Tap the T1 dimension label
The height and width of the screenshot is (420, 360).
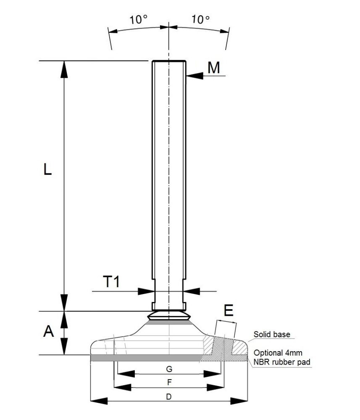tap(112, 282)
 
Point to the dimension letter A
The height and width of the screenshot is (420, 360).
tap(49, 332)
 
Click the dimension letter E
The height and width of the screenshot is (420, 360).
tap(229, 311)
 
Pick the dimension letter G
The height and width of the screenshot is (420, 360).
tap(169, 369)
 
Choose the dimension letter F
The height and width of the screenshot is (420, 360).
tap(169, 382)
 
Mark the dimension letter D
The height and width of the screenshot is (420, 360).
tap(169, 396)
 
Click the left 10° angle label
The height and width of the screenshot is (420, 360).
tap(138, 19)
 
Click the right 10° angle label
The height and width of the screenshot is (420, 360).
tap(200, 19)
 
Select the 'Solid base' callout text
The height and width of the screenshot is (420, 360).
tap(272, 335)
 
